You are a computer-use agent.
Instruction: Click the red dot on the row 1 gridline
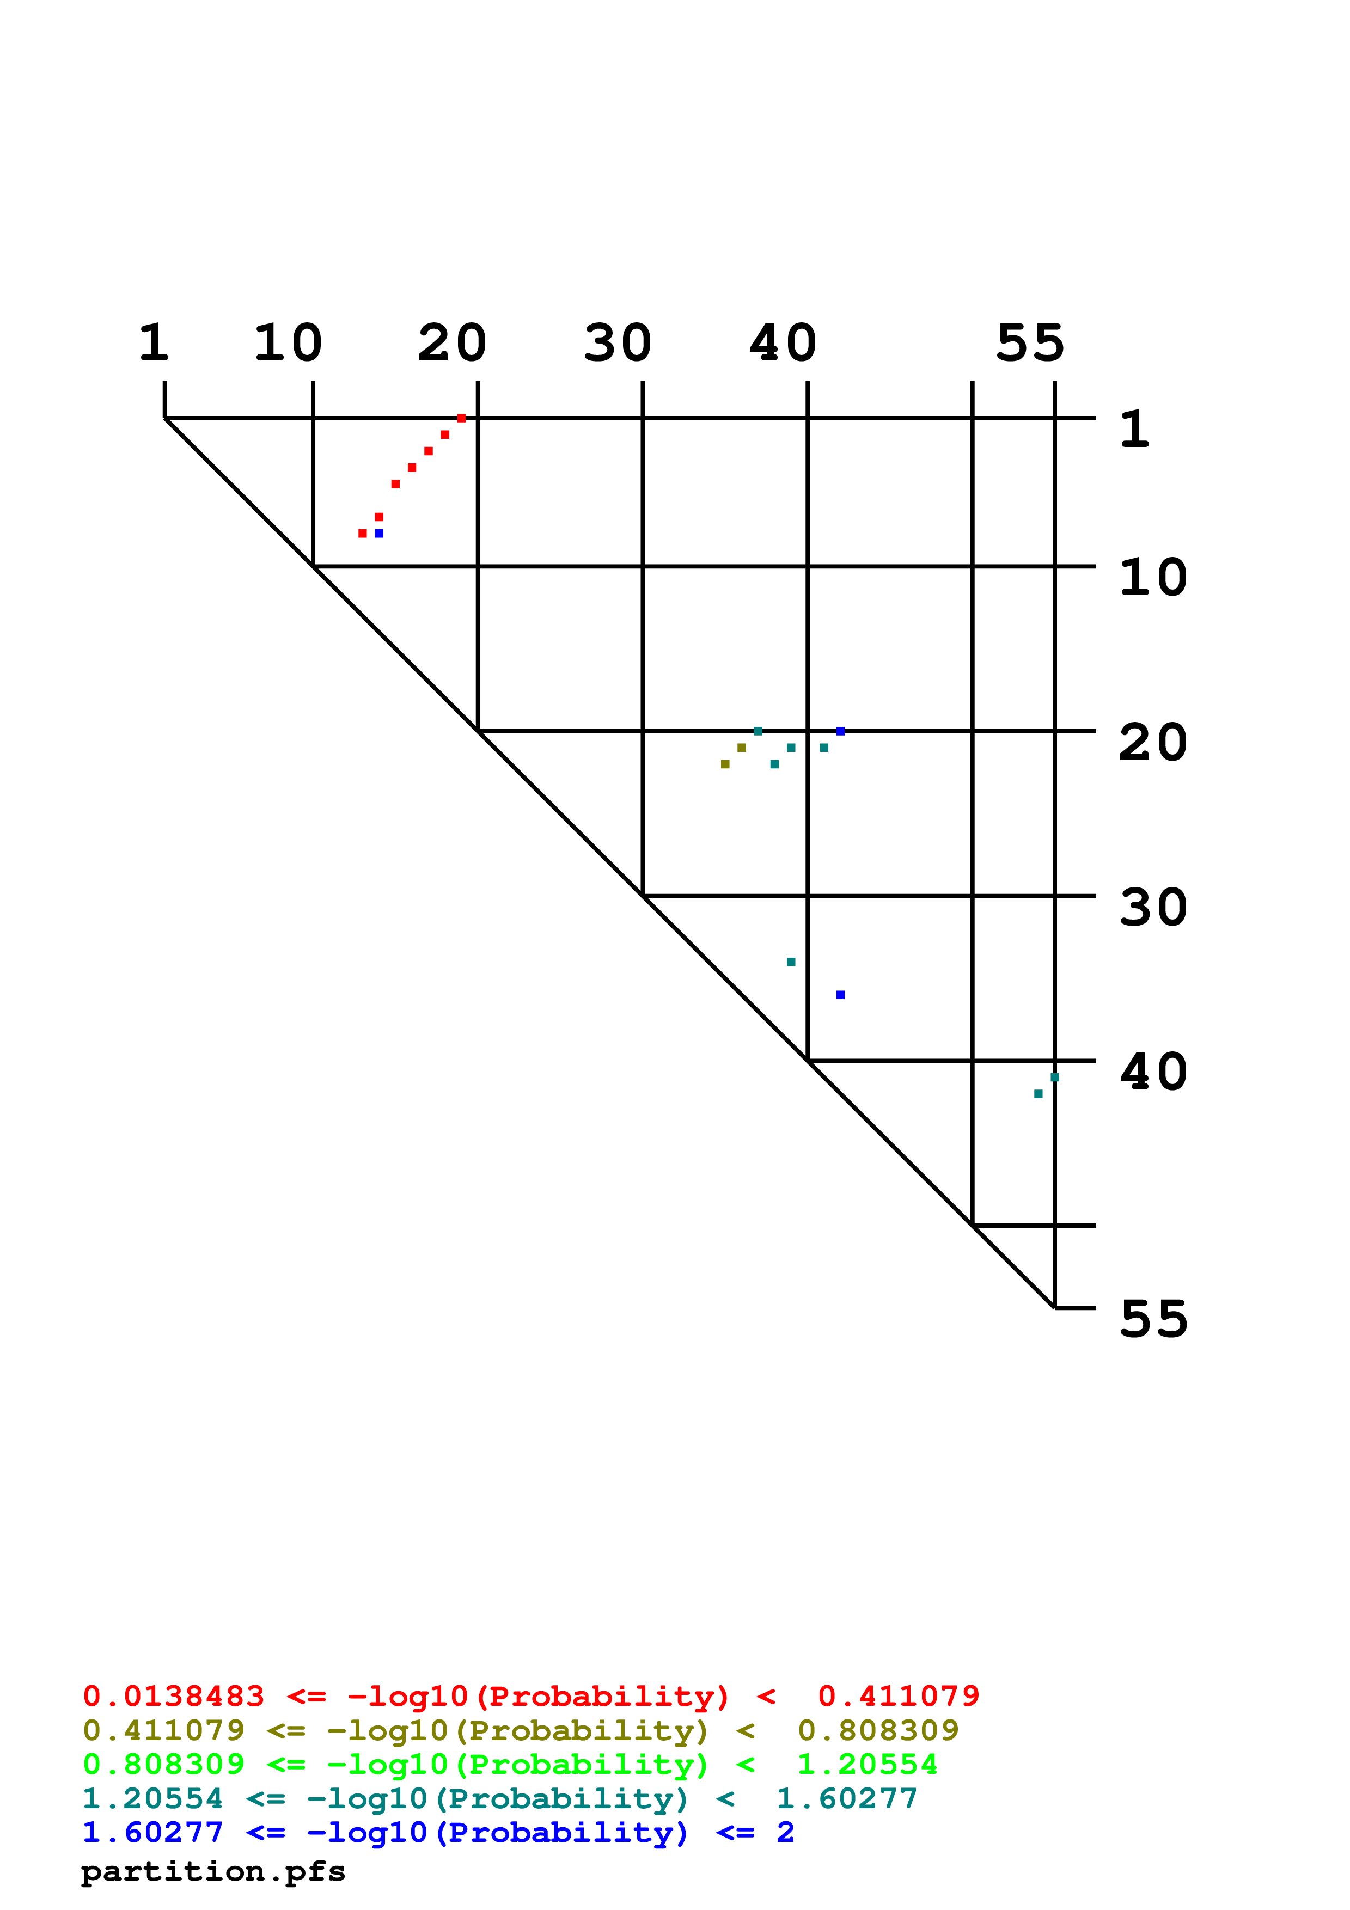click(462, 418)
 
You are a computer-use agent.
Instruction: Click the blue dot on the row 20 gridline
click(840, 731)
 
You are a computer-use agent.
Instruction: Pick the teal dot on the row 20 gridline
click(758, 731)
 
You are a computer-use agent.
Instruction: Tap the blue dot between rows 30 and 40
click(840, 995)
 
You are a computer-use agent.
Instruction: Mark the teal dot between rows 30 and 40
click(791, 962)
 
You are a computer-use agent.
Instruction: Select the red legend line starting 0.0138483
click(530, 1695)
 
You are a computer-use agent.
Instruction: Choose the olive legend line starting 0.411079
click(521, 1730)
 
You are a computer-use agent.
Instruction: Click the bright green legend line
click(510, 1765)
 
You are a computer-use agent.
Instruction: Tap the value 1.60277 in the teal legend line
click(846, 1798)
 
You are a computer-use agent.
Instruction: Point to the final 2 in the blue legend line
click(785, 1832)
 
